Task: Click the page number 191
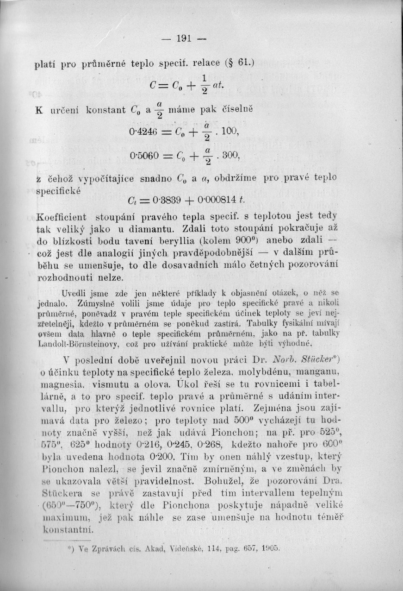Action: click(x=184, y=38)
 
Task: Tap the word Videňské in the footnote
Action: click(x=185, y=548)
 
